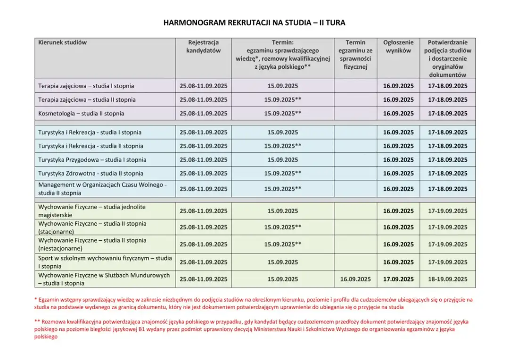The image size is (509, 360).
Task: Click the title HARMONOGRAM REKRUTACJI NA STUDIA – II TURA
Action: point(254,23)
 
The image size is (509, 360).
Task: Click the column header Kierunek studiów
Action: point(63,42)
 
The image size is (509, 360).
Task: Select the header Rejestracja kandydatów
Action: point(203,46)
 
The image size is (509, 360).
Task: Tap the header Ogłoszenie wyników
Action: point(398,46)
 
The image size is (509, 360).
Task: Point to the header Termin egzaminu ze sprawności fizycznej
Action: point(355,55)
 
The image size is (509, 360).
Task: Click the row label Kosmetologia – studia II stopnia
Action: point(81,114)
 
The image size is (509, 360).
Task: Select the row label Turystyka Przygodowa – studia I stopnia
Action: point(92,160)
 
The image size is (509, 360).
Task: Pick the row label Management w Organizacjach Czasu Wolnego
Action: point(102,188)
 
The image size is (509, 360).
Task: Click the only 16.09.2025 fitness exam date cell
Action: point(355,279)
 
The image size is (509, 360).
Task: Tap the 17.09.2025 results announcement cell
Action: point(398,279)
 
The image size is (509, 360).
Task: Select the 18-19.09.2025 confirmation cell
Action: point(448,279)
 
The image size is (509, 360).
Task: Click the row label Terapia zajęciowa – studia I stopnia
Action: point(86,86)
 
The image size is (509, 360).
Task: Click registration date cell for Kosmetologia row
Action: point(203,114)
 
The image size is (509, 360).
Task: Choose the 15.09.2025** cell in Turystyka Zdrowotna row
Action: point(283,173)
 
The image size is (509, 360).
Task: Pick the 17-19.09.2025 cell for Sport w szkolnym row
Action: point(448,262)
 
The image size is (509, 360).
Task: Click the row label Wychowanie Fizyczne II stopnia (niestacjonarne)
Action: point(92,244)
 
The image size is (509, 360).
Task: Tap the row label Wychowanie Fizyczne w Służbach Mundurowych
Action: point(104,279)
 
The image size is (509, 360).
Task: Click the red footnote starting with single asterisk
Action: point(254,303)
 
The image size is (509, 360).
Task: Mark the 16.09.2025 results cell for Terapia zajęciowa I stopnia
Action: point(398,86)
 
